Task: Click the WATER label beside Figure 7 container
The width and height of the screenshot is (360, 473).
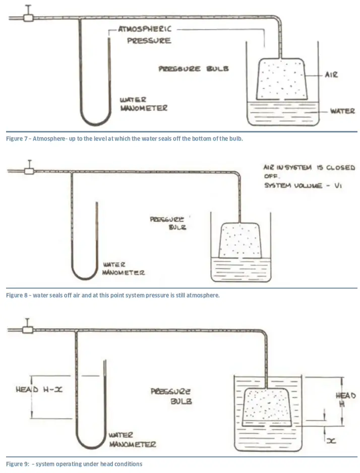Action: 342,110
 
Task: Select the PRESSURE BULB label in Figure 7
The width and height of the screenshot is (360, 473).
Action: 194,69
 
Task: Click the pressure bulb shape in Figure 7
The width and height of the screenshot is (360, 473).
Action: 281,78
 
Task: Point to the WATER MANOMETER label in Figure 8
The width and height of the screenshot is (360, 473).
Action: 124,268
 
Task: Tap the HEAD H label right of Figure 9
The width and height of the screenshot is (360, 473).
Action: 346,400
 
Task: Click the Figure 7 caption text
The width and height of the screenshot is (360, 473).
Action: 125,139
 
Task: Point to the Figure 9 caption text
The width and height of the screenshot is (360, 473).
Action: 74,463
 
